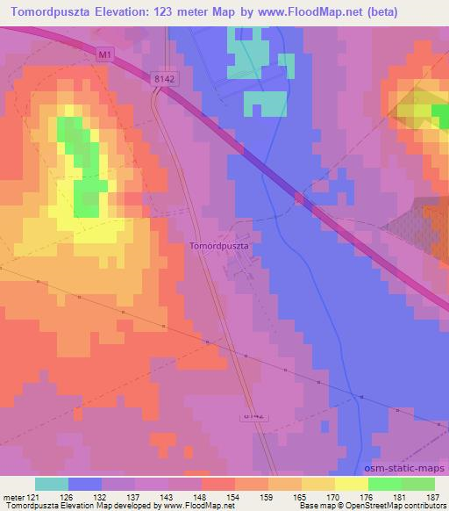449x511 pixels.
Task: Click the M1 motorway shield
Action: pyautogui.click(x=106, y=54)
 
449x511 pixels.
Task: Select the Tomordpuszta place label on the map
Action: pyautogui.click(x=220, y=247)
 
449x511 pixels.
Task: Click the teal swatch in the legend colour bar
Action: pyautogui.click(x=52, y=484)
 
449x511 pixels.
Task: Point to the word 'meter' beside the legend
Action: pyautogui.click(x=11, y=499)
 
